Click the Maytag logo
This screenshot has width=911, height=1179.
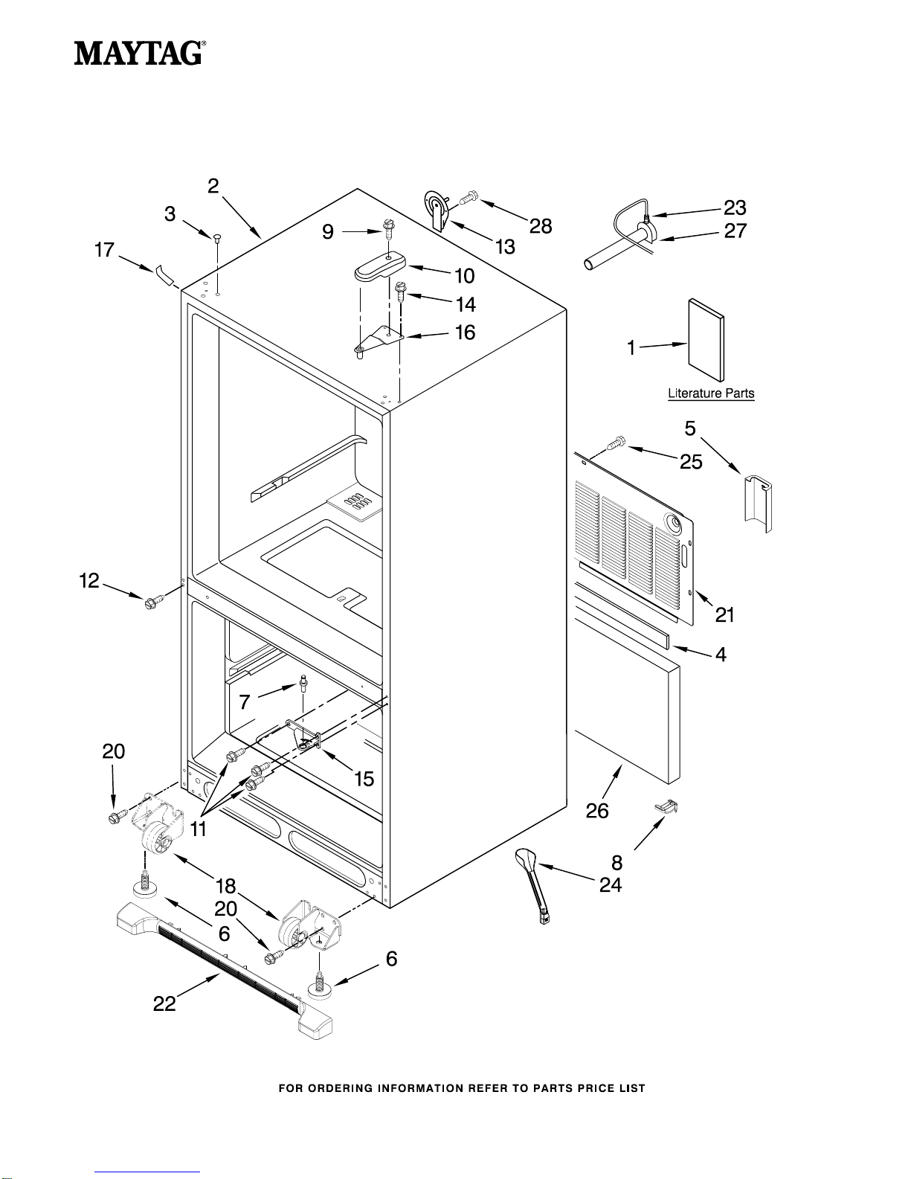point(140,54)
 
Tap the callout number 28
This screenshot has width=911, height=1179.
point(540,226)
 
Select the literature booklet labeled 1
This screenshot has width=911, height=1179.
point(706,340)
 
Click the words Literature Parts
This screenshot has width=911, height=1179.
point(711,393)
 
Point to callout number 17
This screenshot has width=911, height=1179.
point(104,250)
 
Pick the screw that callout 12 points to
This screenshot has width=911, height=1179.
point(152,601)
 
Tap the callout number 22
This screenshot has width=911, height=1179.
point(164,1003)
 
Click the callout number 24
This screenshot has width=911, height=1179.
point(610,885)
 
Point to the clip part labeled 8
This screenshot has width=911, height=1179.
point(667,807)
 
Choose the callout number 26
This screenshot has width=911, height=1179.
point(597,811)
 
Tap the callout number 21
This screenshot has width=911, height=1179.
point(724,614)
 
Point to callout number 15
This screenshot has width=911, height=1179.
point(364,779)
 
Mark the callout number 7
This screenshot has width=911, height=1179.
point(245,702)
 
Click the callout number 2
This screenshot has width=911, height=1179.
point(213,186)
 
